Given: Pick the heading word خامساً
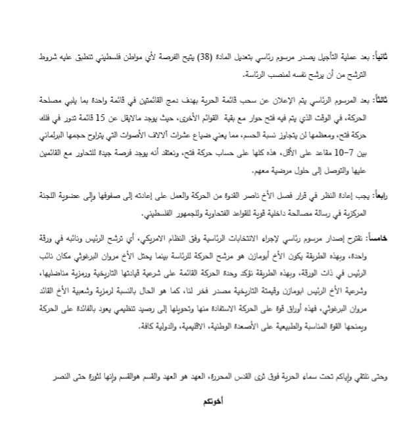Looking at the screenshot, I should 378,237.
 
